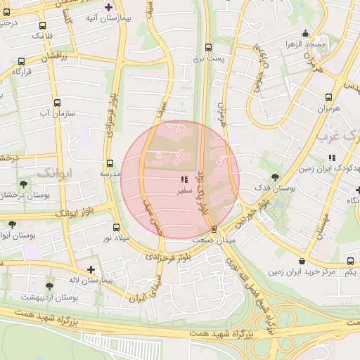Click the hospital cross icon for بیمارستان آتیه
pos(108,7)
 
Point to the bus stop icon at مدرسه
pos(110,163)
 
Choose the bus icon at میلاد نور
pos(116,227)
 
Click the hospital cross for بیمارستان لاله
pos(90,269)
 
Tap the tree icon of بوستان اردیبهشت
pos(49,286)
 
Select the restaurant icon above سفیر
pos(184,180)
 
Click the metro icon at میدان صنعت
pos(214,229)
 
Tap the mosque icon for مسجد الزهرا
pos(305,33)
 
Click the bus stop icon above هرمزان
pos(328,98)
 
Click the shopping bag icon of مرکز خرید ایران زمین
pos(301,260)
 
